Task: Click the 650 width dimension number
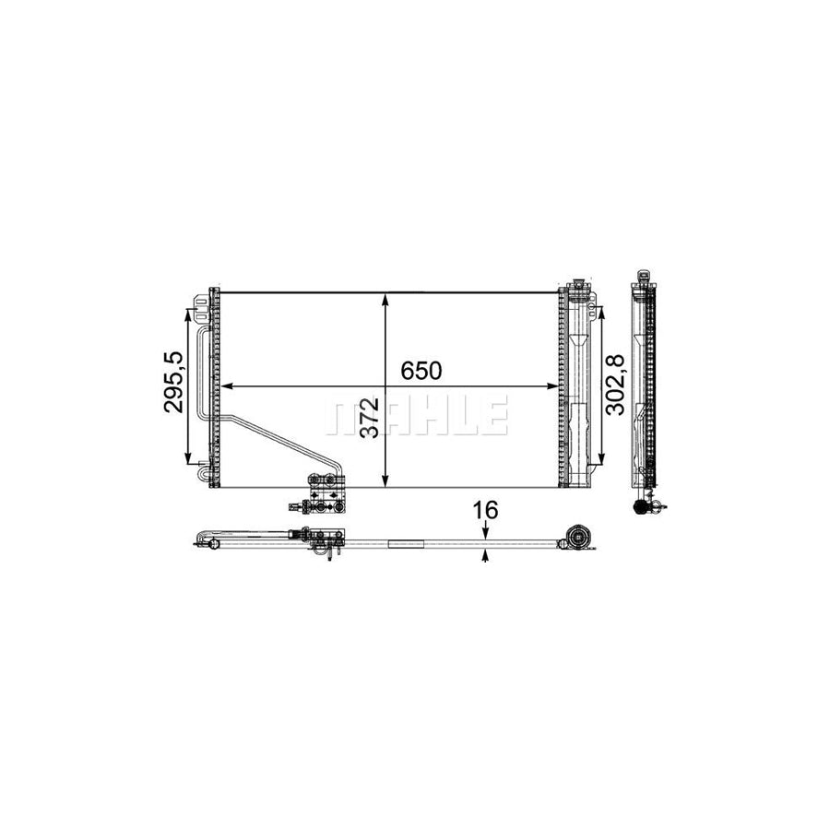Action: point(421,371)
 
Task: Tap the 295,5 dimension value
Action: point(173,382)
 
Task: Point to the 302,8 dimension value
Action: point(615,385)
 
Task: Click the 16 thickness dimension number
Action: point(485,510)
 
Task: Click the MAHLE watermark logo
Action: point(417,415)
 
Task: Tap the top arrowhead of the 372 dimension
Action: point(385,299)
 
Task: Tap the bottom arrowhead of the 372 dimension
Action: point(385,480)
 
